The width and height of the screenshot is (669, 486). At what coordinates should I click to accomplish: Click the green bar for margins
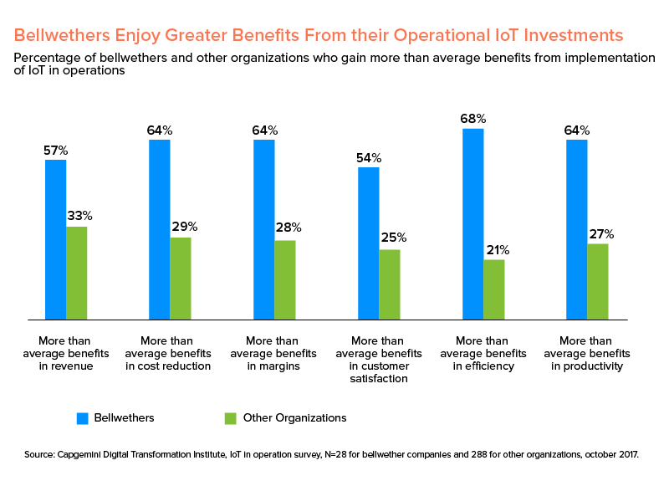(285, 280)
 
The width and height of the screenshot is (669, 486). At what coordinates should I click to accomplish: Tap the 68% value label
(472, 119)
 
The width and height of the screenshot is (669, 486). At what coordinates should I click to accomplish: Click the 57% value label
(55, 151)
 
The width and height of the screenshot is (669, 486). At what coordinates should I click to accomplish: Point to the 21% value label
(494, 250)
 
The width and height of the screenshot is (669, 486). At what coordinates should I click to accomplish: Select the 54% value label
(368, 158)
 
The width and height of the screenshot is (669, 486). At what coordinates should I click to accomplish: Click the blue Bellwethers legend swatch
(83, 417)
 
